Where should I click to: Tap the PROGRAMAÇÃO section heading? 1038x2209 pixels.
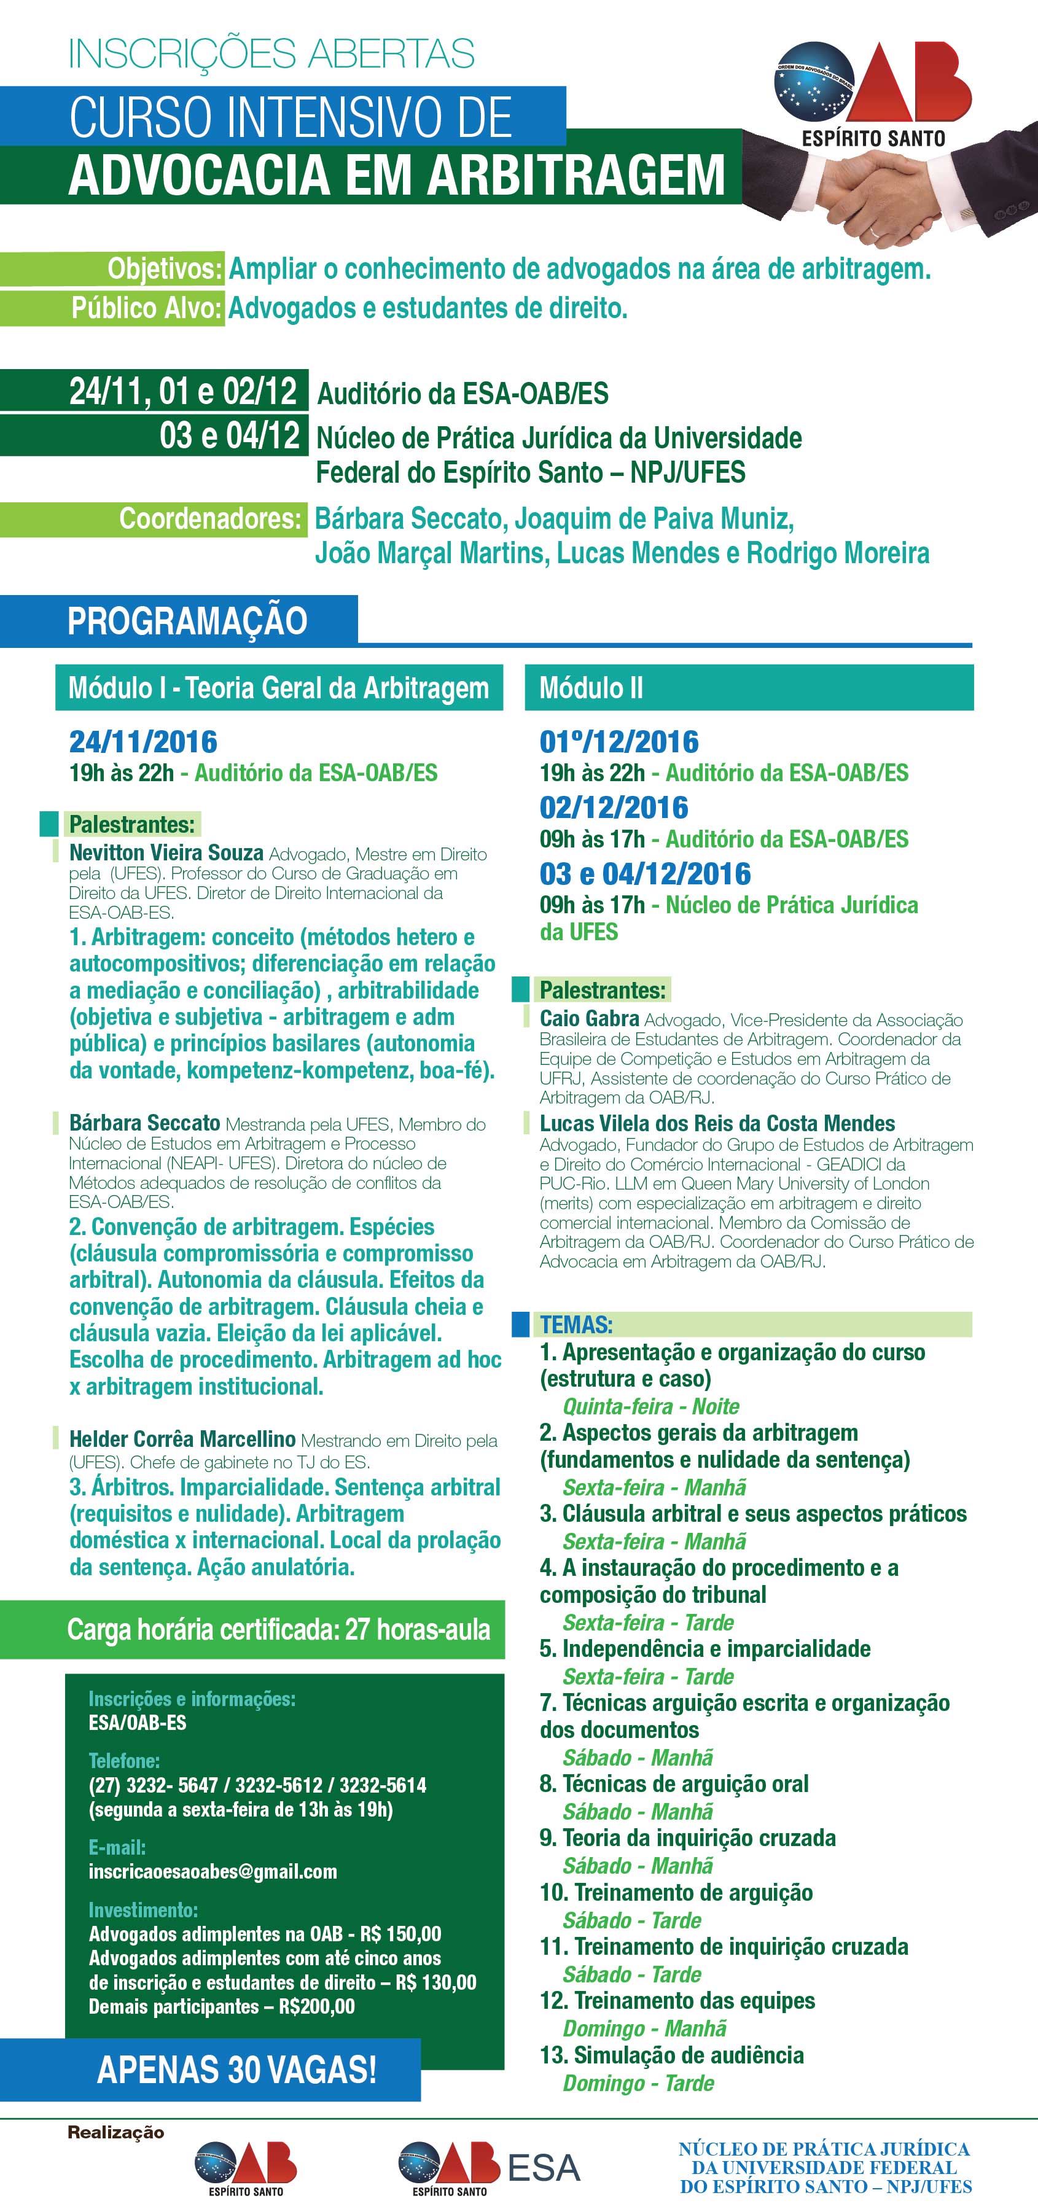[x=187, y=621]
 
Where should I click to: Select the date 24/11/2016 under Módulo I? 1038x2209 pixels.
[x=143, y=742]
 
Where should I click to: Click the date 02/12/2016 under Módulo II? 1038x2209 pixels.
[x=614, y=808]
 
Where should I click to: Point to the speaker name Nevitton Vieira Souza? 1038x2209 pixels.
[x=166, y=853]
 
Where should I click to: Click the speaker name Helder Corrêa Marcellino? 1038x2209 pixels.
[x=182, y=1439]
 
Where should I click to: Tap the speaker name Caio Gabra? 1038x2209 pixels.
[x=588, y=1019]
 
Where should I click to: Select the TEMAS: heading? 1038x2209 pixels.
[x=576, y=1324]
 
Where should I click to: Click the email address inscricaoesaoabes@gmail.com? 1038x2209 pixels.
[x=212, y=1871]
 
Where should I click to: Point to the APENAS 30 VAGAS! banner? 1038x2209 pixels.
[x=236, y=2069]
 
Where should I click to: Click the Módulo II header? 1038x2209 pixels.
[x=591, y=688]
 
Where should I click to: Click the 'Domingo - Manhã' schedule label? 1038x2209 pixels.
[x=644, y=2028]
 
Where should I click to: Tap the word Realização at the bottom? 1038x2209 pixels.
[x=116, y=2132]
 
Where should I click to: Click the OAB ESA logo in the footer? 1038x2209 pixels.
[x=489, y=2167]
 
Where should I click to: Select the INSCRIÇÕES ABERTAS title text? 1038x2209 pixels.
[x=271, y=53]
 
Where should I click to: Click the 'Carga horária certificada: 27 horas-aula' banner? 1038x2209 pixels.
[x=279, y=1629]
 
